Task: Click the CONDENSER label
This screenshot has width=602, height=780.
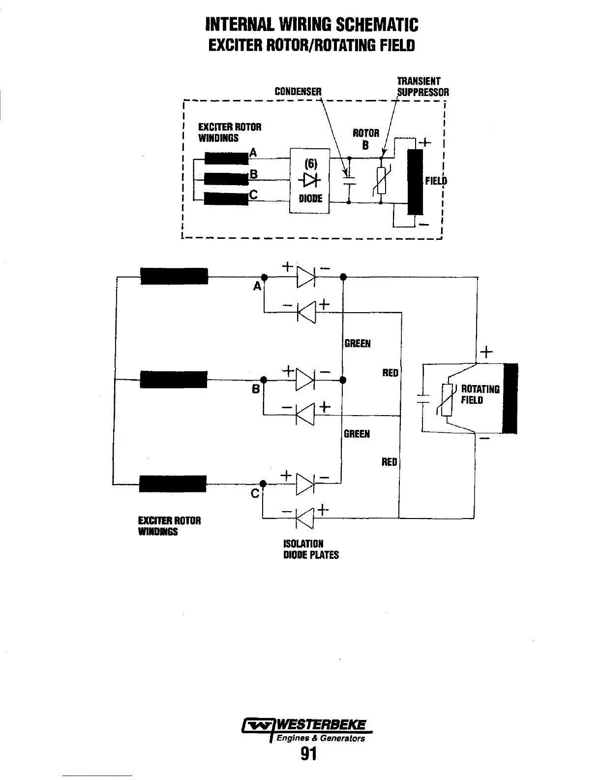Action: click(x=298, y=92)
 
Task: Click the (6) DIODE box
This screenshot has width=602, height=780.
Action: click(x=309, y=181)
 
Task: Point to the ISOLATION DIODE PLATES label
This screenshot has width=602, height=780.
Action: click(x=311, y=549)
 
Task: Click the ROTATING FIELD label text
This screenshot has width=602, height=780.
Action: click(x=480, y=394)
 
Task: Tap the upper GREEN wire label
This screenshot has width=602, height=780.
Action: click(x=358, y=344)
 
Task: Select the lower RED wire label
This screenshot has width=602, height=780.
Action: click(x=389, y=462)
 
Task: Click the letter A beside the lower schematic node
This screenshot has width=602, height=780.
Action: click(x=257, y=286)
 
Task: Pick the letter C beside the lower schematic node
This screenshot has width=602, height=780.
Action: click(x=255, y=493)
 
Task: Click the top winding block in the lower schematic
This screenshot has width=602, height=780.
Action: click(x=174, y=276)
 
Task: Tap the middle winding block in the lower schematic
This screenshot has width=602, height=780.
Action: click(x=173, y=380)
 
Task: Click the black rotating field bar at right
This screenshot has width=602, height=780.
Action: click(x=511, y=398)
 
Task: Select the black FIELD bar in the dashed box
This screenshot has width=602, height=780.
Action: click(x=416, y=182)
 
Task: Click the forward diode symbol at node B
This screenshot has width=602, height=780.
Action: click(x=305, y=380)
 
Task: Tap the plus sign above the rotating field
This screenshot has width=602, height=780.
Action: click(x=485, y=352)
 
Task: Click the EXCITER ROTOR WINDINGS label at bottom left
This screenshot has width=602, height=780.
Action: click(x=170, y=526)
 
